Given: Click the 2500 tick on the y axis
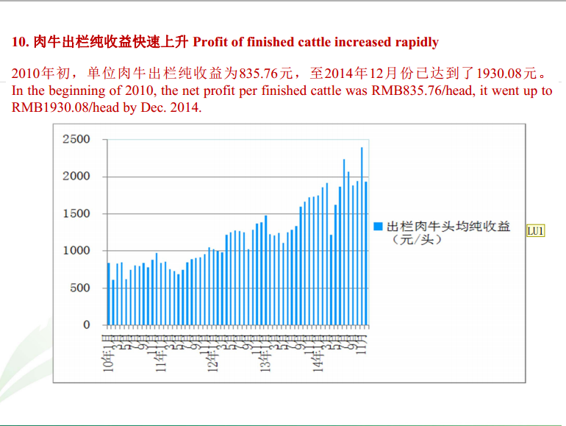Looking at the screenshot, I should coord(76,140).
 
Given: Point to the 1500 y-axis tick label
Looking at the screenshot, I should coord(76,214).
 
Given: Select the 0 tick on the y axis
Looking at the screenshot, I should coord(86,325).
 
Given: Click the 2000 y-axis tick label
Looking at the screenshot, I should coord(76,177).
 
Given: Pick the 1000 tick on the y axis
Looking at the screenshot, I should coord(76,251).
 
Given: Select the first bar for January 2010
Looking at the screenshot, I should coord(109,294).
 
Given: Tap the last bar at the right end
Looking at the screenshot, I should coord(366,253).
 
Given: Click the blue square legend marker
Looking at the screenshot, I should coord(379,227).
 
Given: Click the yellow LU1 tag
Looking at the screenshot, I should coord(535,231).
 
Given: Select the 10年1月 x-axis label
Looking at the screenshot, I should coord(108,354).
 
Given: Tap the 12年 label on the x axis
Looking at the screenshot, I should coord(213,357).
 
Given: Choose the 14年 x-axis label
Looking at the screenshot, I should coord(318,357).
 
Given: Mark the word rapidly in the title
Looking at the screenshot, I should coord(414,42).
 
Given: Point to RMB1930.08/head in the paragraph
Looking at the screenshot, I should coord(54,107).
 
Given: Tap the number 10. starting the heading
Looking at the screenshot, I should coord(21,42).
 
